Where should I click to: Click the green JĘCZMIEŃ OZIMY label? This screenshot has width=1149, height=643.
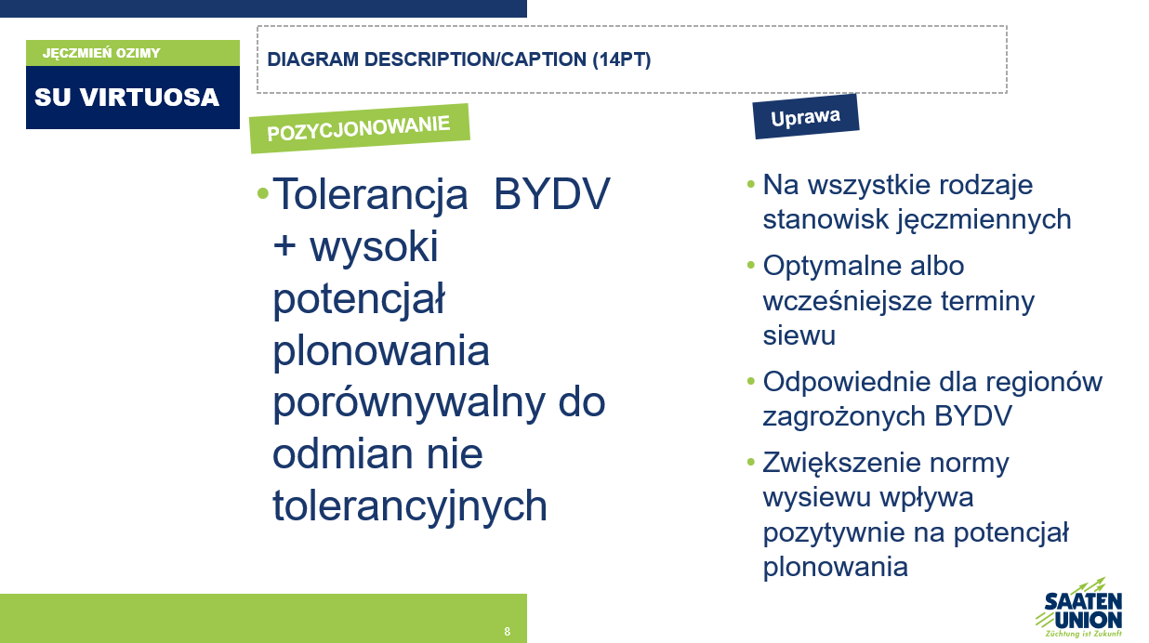coord(101,53)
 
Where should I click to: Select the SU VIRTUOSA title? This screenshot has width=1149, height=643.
coord(126,98)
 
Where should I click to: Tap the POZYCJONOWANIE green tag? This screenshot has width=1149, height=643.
coord(359,128)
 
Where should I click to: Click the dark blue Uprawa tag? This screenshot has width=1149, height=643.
coord(805,117)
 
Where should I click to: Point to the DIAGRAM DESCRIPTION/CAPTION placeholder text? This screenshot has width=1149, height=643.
coord(459,59)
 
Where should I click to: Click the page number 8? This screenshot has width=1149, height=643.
coord(508,631)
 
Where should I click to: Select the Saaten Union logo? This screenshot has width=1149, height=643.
coord(1080,609)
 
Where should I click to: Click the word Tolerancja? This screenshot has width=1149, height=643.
coord(370,194)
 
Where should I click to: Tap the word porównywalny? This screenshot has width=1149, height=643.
coord(409,403)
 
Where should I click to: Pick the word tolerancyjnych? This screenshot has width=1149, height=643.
coord(410,506)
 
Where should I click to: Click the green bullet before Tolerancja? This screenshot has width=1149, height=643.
coord(263,193)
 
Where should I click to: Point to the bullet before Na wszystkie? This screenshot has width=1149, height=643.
coord(751,184)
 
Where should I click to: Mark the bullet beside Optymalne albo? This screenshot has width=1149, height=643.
coord(751,265)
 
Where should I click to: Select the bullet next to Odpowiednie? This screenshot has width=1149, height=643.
coord(751,381)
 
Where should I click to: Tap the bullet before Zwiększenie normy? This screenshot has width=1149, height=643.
coord(751,462)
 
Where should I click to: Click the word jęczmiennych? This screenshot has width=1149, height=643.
coord(984,220)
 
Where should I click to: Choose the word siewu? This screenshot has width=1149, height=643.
coord(799,335)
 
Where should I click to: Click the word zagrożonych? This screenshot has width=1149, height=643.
coord(844,416)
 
